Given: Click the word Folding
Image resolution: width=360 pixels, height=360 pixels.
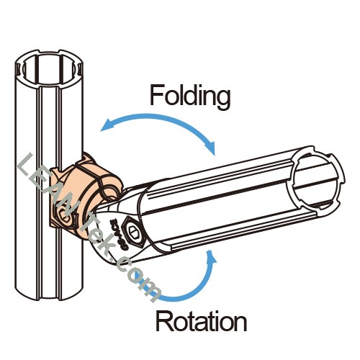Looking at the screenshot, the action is [x=190, y=97].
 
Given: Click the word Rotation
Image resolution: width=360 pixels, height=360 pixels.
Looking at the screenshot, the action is [x=201, y=320].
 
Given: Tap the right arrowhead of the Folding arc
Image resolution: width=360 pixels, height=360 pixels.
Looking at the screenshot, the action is [x=210, y=148].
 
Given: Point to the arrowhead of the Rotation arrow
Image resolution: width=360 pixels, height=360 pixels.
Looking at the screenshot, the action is [x=211, y=258].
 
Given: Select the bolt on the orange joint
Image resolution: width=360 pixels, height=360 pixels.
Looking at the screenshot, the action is [x=64, y=215].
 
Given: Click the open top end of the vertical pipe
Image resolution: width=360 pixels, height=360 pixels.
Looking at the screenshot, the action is [x=49, y=68].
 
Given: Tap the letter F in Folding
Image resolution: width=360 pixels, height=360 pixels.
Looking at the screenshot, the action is [x=156, y=95].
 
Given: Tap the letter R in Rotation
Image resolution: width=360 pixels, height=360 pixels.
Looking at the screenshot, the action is [x=163, y=320].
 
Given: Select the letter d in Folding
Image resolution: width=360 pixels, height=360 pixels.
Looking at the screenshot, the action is [x=190, y=95].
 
